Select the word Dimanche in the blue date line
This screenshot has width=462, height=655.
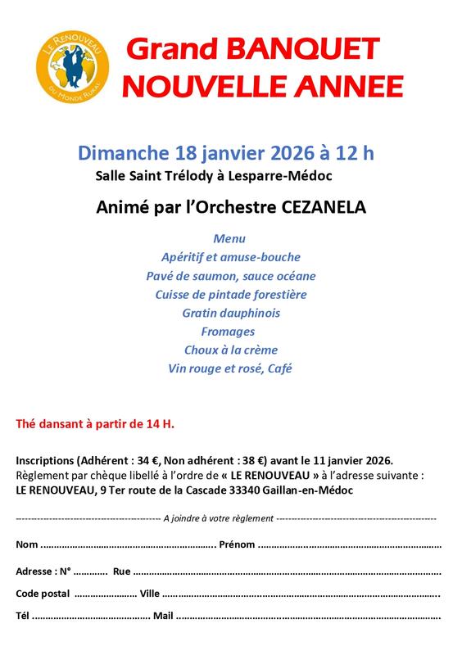pos(125,153)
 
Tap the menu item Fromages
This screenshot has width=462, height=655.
pos(228,332)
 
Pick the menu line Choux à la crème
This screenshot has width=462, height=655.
pos(230,350)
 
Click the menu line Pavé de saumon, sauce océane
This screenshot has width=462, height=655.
pos(230,276)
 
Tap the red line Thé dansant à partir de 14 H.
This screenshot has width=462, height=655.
pos(95,424)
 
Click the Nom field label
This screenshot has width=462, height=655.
pos(27,544)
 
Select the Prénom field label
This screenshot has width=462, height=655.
pos(238,544)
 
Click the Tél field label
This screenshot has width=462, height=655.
pos(24,616)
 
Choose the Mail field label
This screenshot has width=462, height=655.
pos(163,616)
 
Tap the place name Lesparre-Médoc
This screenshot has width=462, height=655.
pos(285,175)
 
